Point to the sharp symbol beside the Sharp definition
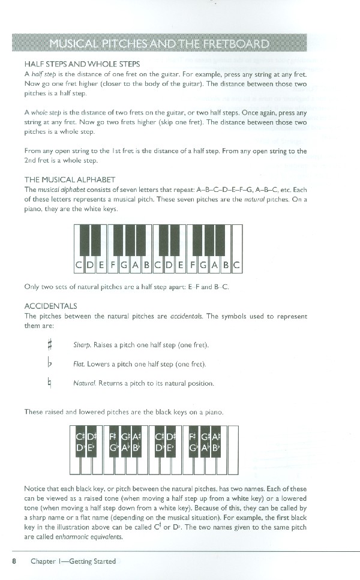click(x=50, y=345)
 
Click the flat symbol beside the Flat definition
click(x=50, y=364)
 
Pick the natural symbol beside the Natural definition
click(x=50, y=383)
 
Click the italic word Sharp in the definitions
click(x=82, y=345)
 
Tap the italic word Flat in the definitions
click(x=79, y=364)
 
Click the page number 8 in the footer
click(x=13, y=561)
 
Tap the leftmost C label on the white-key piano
click(x=79, y=265)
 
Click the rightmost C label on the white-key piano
click(x=236, y=265)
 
